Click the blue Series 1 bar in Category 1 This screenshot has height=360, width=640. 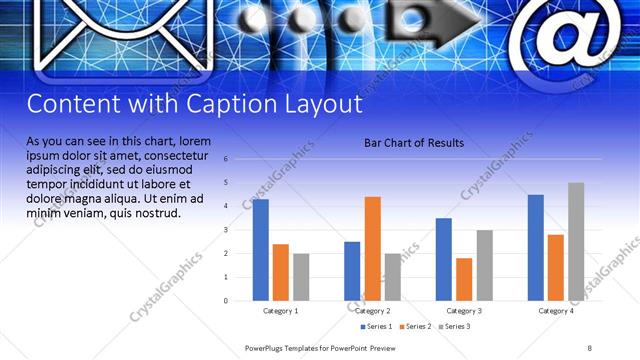260,250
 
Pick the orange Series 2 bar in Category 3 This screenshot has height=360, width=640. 464,279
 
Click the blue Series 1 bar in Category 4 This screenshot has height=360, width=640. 535,247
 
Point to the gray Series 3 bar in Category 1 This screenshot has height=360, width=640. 301,277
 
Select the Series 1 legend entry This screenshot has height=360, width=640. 376,327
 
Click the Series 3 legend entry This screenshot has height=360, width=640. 454,327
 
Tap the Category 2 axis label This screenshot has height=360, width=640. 373,311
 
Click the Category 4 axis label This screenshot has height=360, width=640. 557,311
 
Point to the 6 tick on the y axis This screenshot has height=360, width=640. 227,159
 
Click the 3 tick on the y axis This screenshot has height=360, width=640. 227,230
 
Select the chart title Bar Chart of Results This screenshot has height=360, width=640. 413,143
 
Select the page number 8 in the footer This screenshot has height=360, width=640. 590,347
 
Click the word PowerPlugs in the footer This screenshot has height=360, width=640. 265,347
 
